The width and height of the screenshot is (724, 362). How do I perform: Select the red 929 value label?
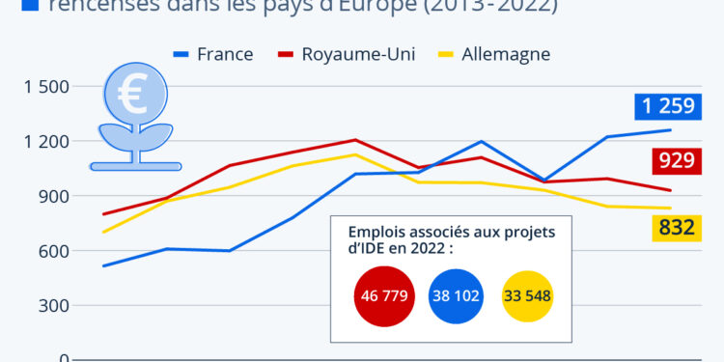coord(677,160)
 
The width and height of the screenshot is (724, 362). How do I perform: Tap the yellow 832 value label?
coord(677,227)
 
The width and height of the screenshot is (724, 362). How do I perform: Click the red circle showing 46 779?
coord(384,295)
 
